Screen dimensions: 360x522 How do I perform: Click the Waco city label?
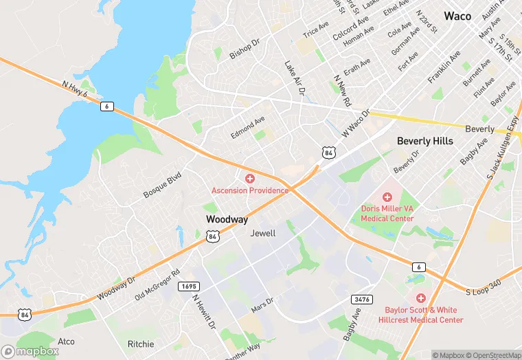(x=457, y=16)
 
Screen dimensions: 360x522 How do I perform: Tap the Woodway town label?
(x=227, y=219)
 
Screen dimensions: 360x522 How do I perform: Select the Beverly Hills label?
(x=424, y=141)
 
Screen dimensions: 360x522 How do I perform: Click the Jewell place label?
(x=262, y=233)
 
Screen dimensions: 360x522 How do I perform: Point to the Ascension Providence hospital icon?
(x=249, y=179)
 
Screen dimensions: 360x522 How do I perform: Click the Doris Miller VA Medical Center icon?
(x=387, y=197)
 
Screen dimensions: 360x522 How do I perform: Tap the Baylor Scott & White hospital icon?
(x=420, y=298)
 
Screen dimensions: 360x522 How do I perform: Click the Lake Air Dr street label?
(x=294, y=77)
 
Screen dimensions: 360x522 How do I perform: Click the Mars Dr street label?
(x=262, y=305)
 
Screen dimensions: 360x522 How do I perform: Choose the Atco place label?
(x=66, y=341)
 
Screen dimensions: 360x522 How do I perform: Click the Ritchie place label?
(x=141, y=344)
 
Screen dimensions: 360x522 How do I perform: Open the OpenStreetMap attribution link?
(x=493, y=355)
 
